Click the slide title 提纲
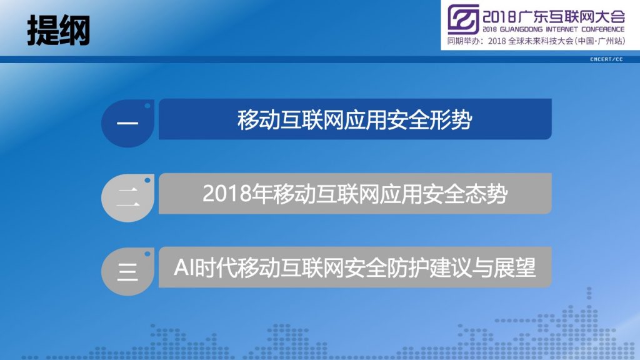58,31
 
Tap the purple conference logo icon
463,19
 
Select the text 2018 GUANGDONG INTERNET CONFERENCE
554,29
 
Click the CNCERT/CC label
606,59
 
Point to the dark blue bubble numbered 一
127,123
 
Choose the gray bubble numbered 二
127,197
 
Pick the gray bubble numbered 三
127,271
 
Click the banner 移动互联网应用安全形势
355,119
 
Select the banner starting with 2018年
355,194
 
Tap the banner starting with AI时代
355,267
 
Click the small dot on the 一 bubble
147,106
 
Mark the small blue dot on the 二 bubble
147,180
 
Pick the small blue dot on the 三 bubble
147,254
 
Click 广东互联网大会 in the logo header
571,17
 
